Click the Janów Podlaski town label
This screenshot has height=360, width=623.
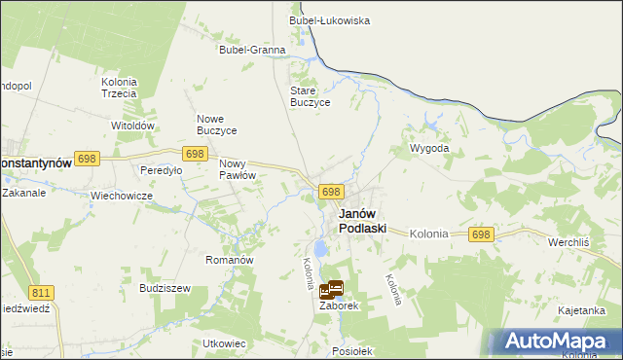(362, 221)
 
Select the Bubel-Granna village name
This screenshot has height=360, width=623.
(252, 50)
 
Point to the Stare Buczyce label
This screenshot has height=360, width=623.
(311, 96)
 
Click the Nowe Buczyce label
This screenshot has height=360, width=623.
(217, 125)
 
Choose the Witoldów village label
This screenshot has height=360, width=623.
(133, 126)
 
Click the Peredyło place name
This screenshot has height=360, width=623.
(162, 170)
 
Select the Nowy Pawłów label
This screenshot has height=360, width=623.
(238, 169)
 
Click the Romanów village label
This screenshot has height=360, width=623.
(230, 261)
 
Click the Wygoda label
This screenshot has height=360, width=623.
(429, 149)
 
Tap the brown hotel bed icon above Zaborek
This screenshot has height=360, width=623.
(331, 289)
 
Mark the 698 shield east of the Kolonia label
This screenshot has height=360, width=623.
(481, 234)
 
